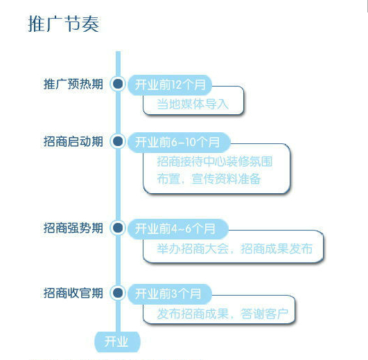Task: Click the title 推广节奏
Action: pos(63,24)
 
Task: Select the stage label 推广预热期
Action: pos(73,84)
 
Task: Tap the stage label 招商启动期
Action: pos(73,141)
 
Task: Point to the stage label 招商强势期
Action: pos(73,228)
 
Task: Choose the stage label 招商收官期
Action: pos(73,293)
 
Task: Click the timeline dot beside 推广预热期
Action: pos(118,84)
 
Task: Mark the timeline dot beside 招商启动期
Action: pos(118,141)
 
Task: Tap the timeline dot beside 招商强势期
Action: pos(118,228)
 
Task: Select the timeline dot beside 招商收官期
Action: pos(118,293)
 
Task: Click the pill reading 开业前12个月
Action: pos(170,85)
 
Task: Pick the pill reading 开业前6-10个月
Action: pos(179,142)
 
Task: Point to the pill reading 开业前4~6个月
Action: pos(178,228)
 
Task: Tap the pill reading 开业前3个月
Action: pos(170,294)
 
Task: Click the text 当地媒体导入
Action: pos(193,104)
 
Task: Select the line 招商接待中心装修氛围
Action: pos(215,161)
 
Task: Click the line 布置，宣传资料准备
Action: pos(209,179)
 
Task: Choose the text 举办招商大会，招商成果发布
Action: pos(235,249)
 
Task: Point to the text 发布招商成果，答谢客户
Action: pos(222,314)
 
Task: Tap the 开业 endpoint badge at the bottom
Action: pos(117,342)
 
